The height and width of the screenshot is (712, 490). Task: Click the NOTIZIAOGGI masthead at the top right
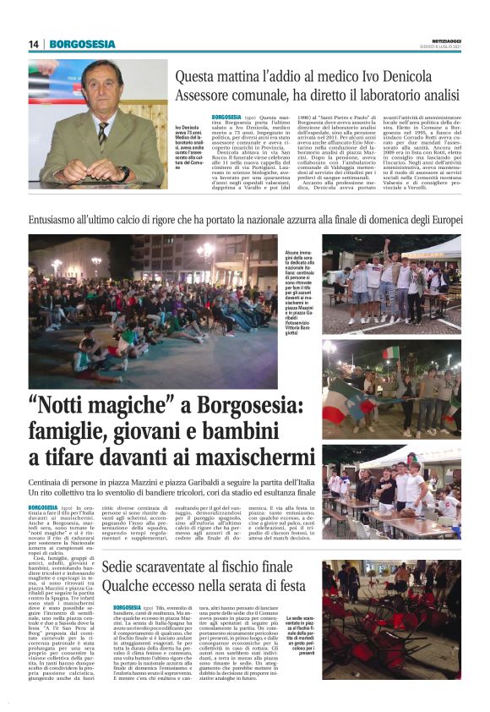pyautogui.click(x=440, y=41)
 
